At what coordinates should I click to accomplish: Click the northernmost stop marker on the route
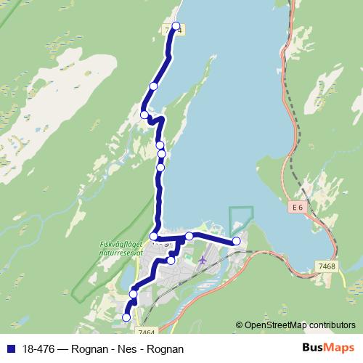tap(175, 26)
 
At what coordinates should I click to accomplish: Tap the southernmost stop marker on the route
tap(126, 317)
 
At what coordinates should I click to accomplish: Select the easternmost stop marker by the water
tap(236, 241)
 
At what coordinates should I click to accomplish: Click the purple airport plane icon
tap(203, 258)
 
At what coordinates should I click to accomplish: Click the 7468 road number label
tap(327, 266)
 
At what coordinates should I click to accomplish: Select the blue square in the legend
tap(9, 349)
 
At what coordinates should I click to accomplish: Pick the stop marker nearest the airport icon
tap(171, 260)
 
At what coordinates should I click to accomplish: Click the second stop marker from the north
tap(153, 86)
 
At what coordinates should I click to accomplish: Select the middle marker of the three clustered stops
tap(162, 153)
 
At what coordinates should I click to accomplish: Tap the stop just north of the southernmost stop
tap(134, 293)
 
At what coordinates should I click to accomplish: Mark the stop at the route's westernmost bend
tap(144, 114)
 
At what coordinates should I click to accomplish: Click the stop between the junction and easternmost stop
tap(189, 235)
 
